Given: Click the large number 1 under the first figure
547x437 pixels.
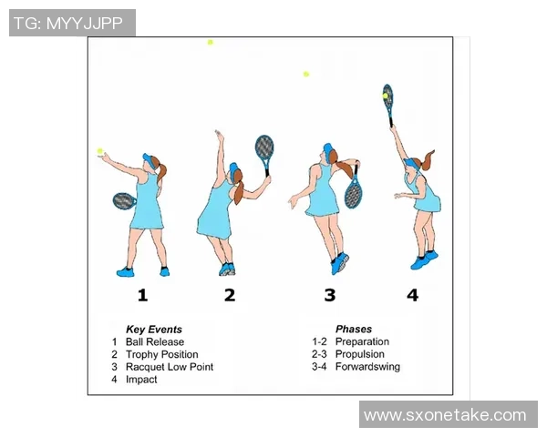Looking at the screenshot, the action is [x=143, y=295].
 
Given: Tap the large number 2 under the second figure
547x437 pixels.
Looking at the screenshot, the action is [x=230, y=295].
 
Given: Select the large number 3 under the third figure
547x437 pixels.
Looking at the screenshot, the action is [x=330, y=295].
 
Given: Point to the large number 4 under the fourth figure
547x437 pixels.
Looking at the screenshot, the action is [x=413, y=295].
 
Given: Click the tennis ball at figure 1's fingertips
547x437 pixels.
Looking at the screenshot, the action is [x=100, y=151].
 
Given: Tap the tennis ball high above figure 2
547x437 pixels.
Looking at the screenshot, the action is [x=210, y=42].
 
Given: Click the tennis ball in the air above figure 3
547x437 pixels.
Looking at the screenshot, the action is [x=306, y=74].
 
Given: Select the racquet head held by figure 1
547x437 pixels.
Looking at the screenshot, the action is [x=124, y=201].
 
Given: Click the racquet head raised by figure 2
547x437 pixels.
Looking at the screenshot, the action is [x=264, y=147].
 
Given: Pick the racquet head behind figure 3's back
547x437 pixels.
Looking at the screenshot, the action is [x=354, y=193].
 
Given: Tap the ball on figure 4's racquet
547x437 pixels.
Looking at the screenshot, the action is [x=385, y=96].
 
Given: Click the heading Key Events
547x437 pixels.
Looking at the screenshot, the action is [x=154, y=330].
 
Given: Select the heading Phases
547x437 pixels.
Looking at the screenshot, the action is [x=354, y=329].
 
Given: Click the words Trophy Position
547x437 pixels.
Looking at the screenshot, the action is [x=162, y=354].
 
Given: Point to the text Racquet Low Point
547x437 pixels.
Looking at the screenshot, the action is [x=170, y=367].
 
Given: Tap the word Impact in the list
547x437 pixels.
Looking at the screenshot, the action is [x=141, y=380].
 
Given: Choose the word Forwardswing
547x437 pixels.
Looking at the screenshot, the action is [x=367, y=367].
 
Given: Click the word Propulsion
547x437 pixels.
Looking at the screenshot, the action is [x=360, y=354].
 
